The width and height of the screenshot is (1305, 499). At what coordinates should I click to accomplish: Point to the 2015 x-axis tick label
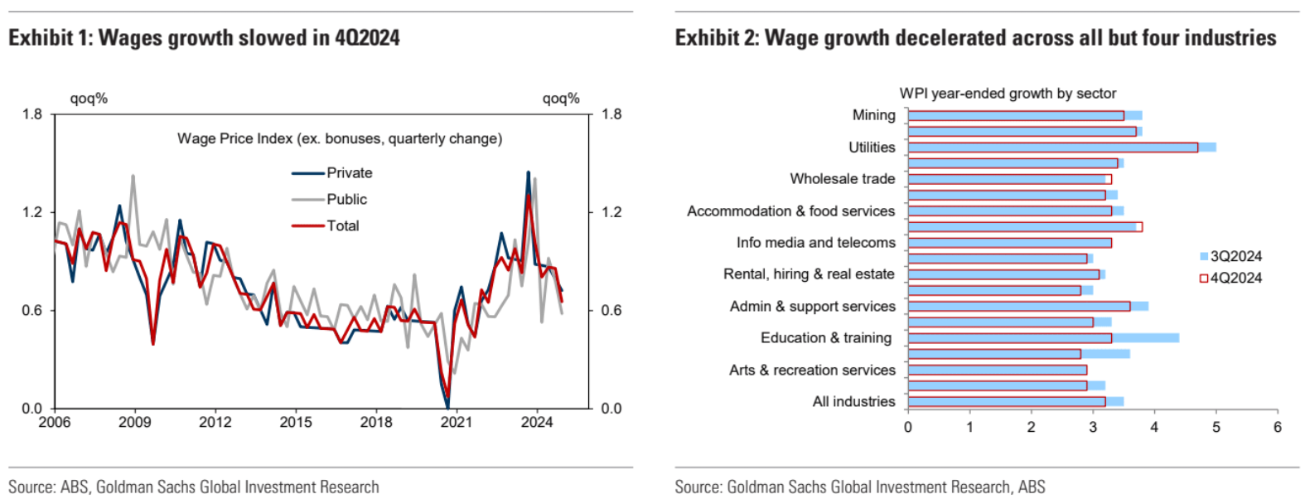296,422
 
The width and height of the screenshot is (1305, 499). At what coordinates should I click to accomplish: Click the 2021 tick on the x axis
457,422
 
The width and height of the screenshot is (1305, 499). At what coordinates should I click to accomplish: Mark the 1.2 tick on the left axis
32,212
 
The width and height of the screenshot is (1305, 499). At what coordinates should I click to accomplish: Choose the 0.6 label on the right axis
611,311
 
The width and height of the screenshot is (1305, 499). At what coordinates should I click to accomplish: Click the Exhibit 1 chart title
204,38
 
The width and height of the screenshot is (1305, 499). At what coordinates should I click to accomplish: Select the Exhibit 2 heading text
975,38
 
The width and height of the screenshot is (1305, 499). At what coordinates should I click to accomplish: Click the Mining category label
873,115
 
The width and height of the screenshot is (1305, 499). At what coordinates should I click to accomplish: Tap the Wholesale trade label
842,179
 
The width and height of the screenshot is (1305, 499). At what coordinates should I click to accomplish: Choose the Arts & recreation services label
812,371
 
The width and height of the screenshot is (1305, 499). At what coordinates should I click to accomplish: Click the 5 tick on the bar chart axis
1216,427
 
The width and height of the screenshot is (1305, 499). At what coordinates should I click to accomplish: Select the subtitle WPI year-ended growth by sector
1008,94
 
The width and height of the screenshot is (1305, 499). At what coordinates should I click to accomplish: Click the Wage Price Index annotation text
340,138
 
